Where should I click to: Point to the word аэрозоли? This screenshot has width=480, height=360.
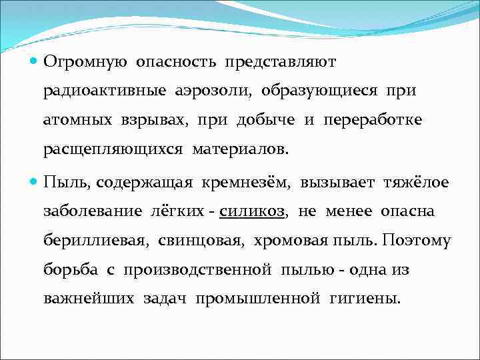point(213,91)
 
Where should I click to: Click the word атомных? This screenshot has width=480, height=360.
point(74,121)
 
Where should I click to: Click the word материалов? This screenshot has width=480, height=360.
point(241,150)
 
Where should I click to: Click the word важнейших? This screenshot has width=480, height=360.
point(90,299)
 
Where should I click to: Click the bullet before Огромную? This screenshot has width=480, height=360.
point(33,62)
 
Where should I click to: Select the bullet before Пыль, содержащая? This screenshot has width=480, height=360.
point(33,182)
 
